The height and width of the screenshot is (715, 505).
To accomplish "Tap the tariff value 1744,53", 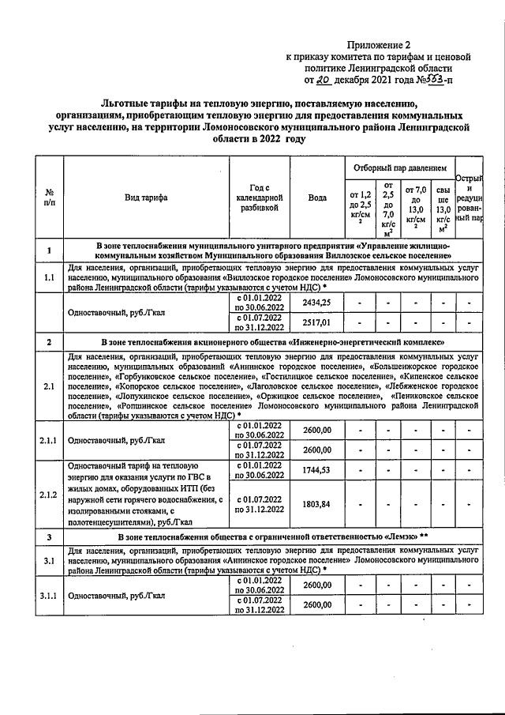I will [x=317, y=471].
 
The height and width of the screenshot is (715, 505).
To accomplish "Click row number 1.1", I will [x=49, y=278].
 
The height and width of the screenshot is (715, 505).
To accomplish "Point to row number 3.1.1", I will [x=49, y=595].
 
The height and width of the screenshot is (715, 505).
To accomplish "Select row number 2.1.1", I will [x=49, y=440].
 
